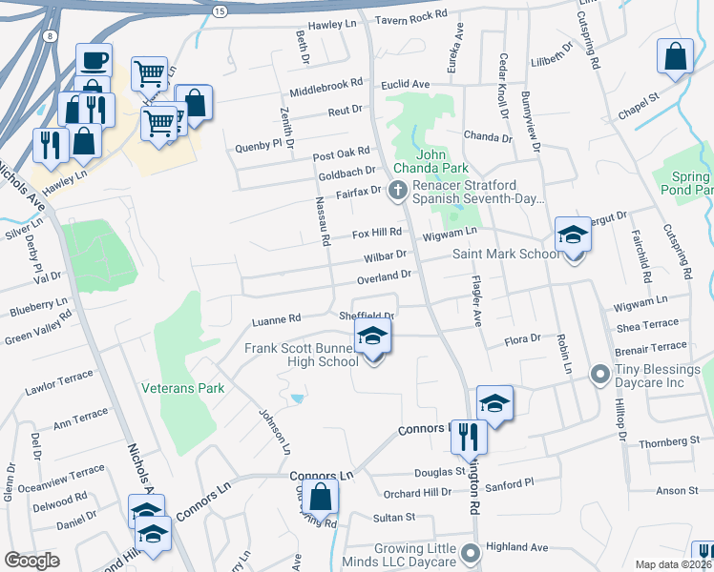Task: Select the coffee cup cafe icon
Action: click(x=94, y=60)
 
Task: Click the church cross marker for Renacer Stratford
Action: click(x=399, y=191)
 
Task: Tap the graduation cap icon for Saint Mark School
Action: click(x=573, y=235)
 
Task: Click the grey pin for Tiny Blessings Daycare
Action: click(x=599, y=373)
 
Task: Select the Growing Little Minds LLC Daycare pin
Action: click(x=469, y=552)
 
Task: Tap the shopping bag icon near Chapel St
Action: click(x=675, y=56)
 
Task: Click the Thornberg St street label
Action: click(x=669, y=442)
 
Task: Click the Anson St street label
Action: click(x=678, y=490)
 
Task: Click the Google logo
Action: click(x=31, y=561)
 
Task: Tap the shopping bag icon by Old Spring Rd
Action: click(x=322, y=496)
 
